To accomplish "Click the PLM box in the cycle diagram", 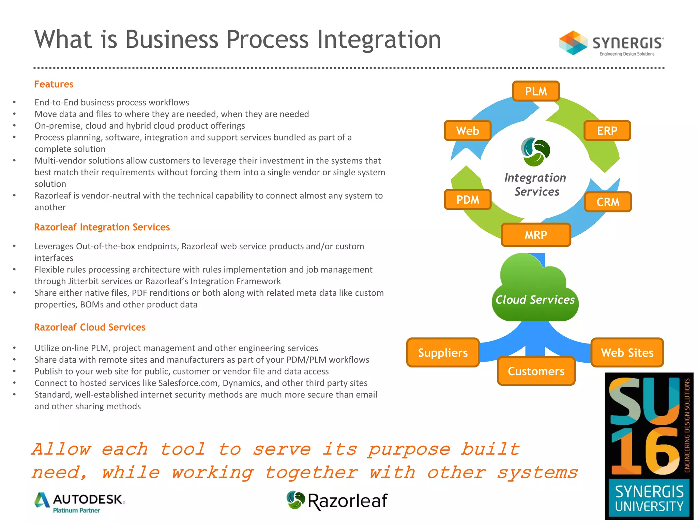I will coord(536,91).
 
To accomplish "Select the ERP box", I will coord(607,131).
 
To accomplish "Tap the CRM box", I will coord(608,202).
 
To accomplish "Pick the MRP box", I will coord(536,235).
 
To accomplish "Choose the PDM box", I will coord(468,200).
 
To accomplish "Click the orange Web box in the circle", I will coord(468,131).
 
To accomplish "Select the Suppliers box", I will coord(443,353).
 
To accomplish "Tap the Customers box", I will coord(536,371).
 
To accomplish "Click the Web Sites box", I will coord(627,353).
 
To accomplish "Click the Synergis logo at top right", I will coord(611,43).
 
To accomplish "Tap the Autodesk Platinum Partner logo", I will coord(80,503).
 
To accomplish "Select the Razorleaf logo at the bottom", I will coord(337,500).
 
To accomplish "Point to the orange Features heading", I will coord(54,84).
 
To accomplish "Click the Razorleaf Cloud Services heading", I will coord(90,327).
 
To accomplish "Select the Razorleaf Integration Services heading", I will coord(102,227).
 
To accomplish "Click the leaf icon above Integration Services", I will coord(535,151).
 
